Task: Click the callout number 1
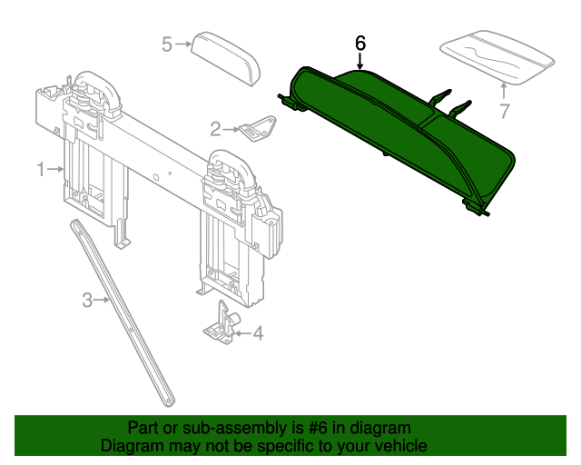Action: [x=41, y=169]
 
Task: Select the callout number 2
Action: [x=215, y=128]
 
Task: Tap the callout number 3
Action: [x=88, y=299]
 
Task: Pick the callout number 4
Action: [x=258, y=334]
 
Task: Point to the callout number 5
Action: [x=167, y=43]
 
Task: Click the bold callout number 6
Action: [x=360, y=43]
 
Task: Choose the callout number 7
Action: [x=505, y=111]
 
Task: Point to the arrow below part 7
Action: [x=505, y=89]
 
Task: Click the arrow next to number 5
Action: [x=183, y=43]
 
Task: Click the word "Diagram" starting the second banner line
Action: [x=132, y=446]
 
